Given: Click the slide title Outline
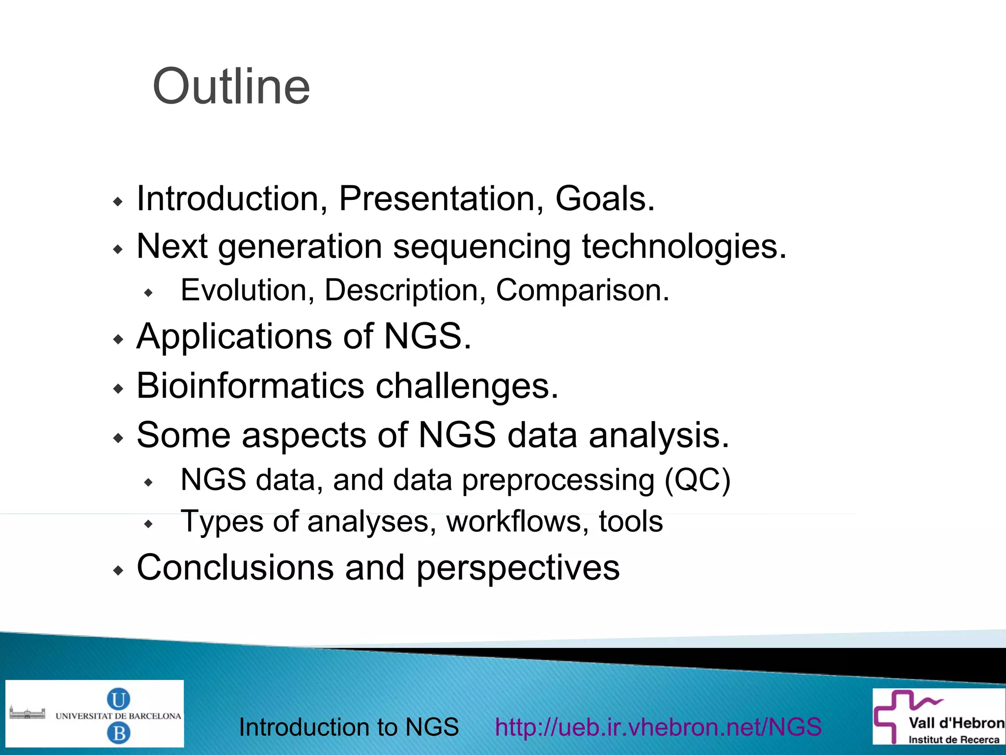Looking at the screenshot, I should pyautogui.click(x=231, y=86).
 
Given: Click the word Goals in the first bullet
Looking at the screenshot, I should pyautogui.click(x=605, y=199).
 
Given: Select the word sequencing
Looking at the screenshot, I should pyautogui.click(x=481, y=247).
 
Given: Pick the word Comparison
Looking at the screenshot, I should pyautogui.click(x=582, y=290).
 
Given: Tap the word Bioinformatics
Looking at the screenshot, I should pyautogui.click(x=250, y=386).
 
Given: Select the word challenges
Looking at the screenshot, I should pyautogui.click(x=467, y=387).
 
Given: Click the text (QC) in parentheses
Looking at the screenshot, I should pyautogui.click(x=698, y=480).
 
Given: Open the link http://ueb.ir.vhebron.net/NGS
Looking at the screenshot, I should pyautogui.click(x=658, y=727).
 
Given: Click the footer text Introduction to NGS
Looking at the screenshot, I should pyautogui.click(x=349, y=727).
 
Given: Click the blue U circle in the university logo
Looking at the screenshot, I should pyautogui.click(x=118, y=699).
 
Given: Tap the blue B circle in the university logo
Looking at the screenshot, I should pyautogui.click(x=118, y=733).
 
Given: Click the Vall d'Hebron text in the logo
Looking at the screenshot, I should pyautogui.click(x=956, y=723).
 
